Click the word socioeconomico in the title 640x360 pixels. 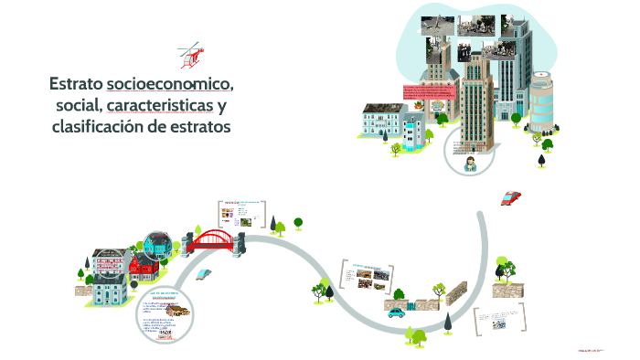[x=169, y=85]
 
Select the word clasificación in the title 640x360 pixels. [x=96, y=127]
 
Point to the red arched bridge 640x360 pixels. [x=214, y=239]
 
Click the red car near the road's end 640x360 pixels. [x=511, y=196]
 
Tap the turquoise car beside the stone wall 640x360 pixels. [x=396, y=311]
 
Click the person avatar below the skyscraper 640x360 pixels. [x=470, y=164]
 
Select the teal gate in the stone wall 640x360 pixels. [x=414, y=304]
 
